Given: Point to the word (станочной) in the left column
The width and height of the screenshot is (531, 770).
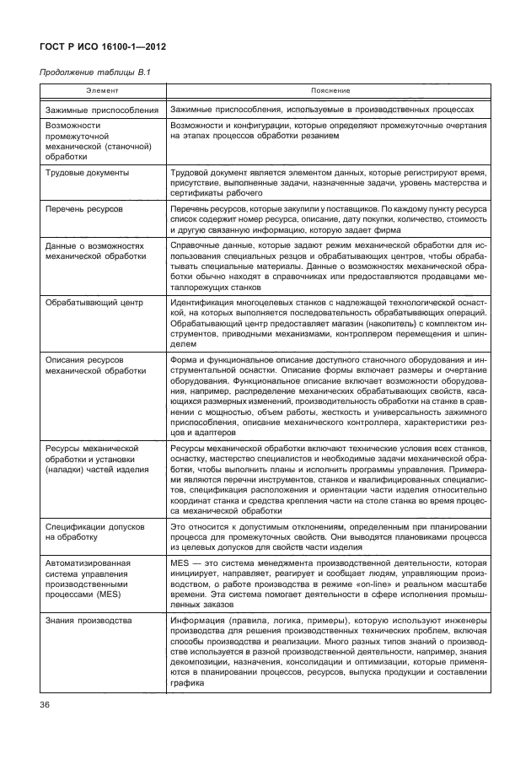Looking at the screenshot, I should [126, 146].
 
